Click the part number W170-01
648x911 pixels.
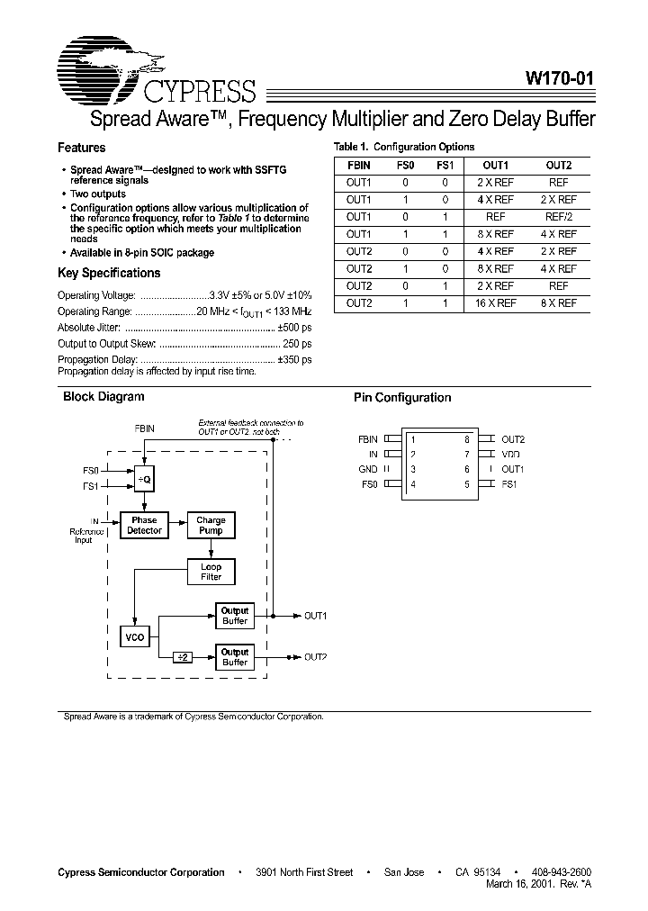[558, 78]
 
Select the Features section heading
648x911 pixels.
[82, 148]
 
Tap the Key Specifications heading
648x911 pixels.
[109, 273]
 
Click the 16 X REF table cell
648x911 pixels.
[495, 303]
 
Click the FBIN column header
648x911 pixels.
[358, 166]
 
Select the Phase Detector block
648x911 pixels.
[144, 525]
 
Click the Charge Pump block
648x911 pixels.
[211, 525]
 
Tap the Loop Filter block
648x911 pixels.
[211, 572]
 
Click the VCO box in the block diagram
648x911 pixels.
[133, 637]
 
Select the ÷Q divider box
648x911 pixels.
[144, 480]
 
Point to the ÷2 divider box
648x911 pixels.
[183, 657]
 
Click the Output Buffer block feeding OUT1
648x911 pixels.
[234, 616]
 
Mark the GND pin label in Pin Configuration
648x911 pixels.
[367, 469]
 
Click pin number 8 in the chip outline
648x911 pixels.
[467, 439]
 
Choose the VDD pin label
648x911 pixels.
[511, 455]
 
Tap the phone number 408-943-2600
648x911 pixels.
[560, 872]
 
